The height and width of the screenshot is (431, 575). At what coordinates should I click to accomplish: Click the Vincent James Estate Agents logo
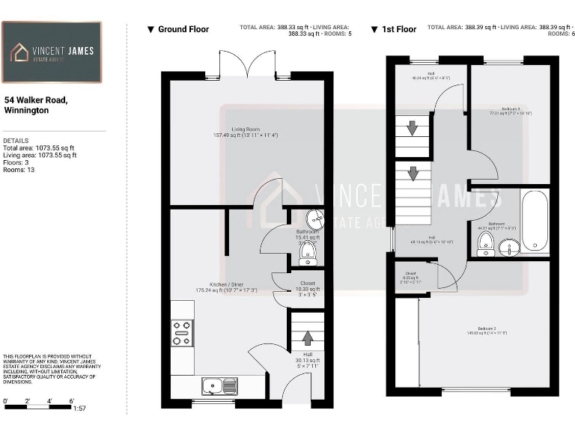click(x=51, y=52)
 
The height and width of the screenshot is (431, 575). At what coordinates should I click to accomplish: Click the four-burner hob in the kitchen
click(x=182, y=332)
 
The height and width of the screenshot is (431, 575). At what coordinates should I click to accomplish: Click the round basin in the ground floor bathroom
click(x=314, y=218)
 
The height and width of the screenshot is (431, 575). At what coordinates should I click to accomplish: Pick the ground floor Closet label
click(x=307, y=284)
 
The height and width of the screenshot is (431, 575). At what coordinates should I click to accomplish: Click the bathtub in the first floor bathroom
click(x=534, y=220)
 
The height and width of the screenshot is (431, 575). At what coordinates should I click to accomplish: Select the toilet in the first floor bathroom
click(x=485, y=243)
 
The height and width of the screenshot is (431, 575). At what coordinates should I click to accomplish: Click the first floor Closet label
click(x=410, y=274)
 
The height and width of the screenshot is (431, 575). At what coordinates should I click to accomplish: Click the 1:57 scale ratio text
click(x=80, y=409)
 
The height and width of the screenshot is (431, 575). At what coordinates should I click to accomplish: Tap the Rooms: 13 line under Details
click(x=19, y=170)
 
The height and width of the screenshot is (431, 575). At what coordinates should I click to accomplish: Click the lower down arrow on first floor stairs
click(x=411, y=174)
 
